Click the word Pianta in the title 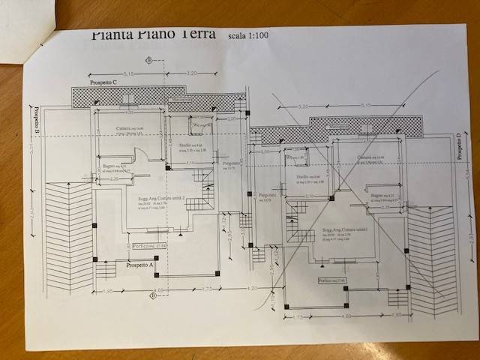point(112,34)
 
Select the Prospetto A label point(139,265)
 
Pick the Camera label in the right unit point(366,157)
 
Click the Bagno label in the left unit point(109,166)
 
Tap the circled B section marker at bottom point(154,295)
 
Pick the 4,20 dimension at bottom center point(252,288)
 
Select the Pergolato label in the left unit point(231,163)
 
